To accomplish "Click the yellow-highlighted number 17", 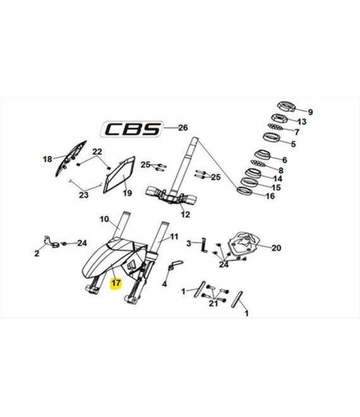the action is [116, 282].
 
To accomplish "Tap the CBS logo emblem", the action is [132, 130].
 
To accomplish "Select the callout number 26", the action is [183, 128].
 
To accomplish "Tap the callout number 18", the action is [47, 159].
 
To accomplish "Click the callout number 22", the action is [97, 152].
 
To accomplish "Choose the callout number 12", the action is [185, 214].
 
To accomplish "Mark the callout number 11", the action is [174, 236].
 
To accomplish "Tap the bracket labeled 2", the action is [51, 242].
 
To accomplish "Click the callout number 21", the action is [213, 303].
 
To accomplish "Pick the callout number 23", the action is [84, 195].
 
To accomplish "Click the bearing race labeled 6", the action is [263, 155].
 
